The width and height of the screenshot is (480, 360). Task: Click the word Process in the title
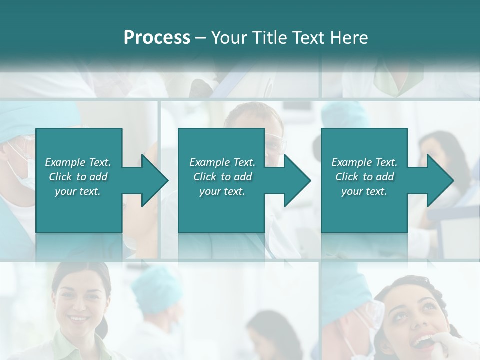[x=157, y=38]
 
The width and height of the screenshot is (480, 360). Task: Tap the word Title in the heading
[x=269, y=38]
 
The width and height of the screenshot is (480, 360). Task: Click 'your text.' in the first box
[x=78, y=191]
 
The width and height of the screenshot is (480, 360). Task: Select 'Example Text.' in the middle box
[x=222, y=162]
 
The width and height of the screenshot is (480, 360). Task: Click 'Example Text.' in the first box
[x=78, y=162]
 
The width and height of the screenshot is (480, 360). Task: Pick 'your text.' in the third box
[x=364, y=191]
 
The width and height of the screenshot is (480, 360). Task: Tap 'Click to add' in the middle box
[x=222, y=177]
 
